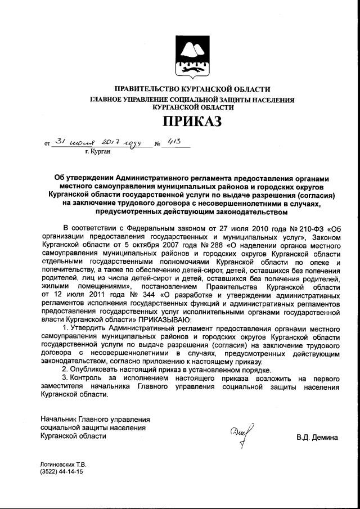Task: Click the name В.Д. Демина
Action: (318, 438)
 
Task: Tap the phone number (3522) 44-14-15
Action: (61, 472)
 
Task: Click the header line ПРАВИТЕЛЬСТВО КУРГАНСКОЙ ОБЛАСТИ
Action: (192, 89)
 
